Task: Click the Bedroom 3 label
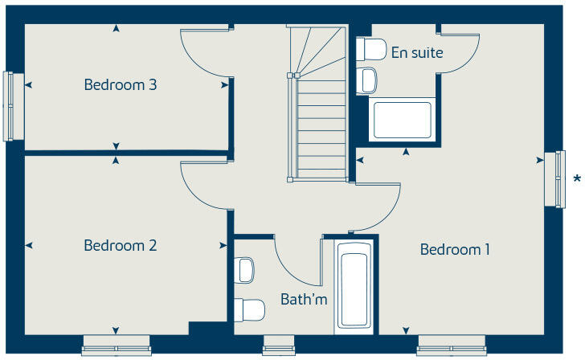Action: (x=120, y=84)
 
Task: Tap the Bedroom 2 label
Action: (x=120, y=246)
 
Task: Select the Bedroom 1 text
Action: (x=455, y=250)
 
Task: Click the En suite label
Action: (x=417, y=53)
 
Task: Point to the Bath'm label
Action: (x=304, y=300)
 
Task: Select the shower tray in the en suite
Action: (x=403, y=119)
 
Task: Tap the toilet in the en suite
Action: (x=370, y=50)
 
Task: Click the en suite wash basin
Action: (x=367, y=80)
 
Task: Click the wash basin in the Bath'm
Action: (x=246, y=269)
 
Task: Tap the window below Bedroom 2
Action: (x=117, y=350)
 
